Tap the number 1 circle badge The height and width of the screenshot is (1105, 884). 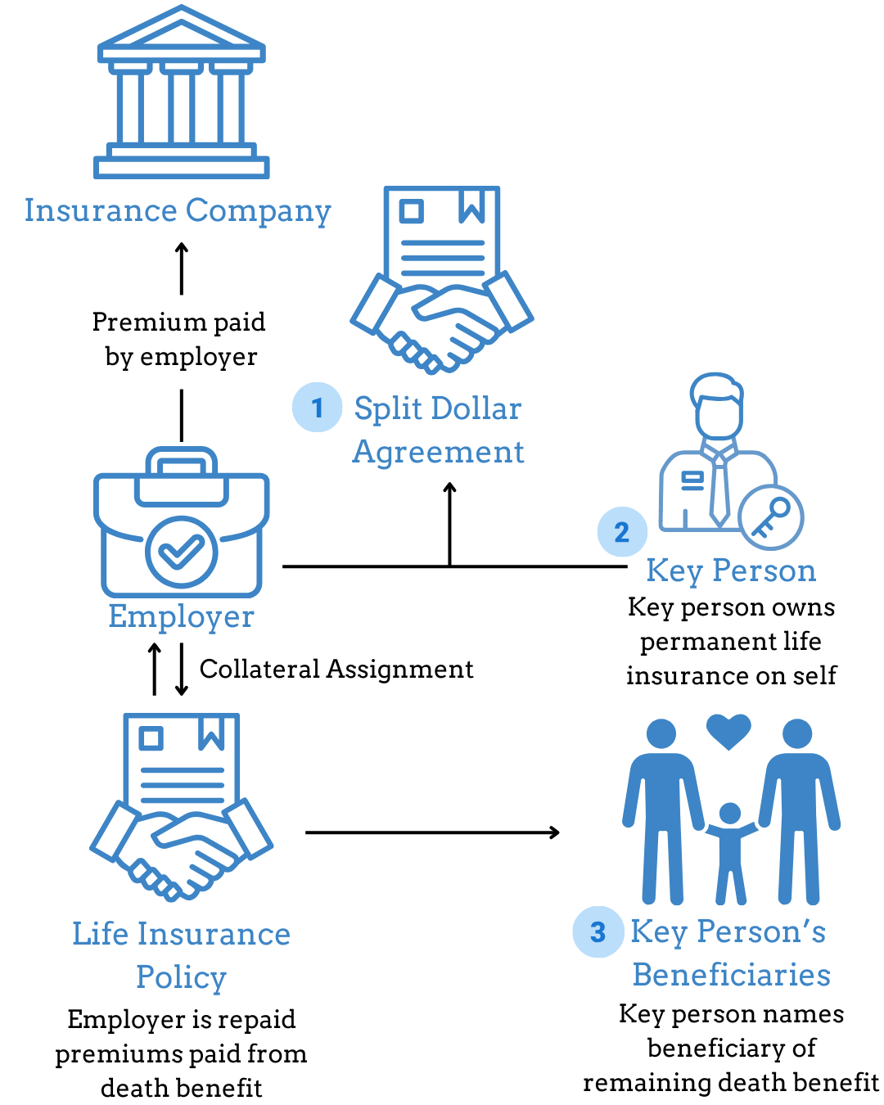(318, 408)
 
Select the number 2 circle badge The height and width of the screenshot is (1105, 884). (622, 532)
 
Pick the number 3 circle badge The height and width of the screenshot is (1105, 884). (598, 931)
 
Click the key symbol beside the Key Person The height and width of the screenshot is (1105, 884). (771, 517)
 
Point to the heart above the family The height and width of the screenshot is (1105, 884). (728, 730)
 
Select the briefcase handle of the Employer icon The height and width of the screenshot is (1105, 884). (181, 462)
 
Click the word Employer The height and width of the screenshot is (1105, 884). (181, 616)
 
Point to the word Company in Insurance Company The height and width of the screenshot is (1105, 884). (258, 211)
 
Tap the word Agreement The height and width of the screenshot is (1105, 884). (439, 452)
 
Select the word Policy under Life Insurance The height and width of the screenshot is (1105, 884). (181, 977)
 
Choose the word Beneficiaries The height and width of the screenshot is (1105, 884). (731, 975)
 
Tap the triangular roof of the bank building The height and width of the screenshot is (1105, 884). (181, 31)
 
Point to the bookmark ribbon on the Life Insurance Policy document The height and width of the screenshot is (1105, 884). (211, 733)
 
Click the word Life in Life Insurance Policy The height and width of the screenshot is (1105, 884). (99, 934)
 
